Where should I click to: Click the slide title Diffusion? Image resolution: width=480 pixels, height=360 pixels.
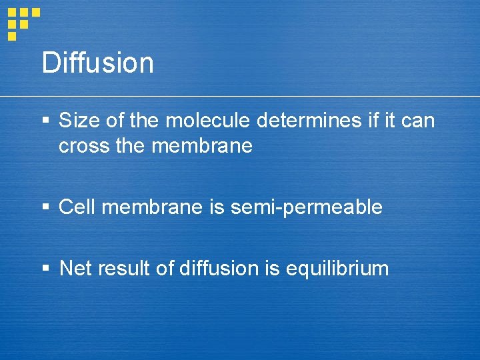pyautogui.click(x=97, y=63)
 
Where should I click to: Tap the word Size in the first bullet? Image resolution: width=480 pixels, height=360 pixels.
pyautogui.click(x=76, y=121)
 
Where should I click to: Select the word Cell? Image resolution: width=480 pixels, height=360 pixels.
pyautogui.click(x=75, y=207)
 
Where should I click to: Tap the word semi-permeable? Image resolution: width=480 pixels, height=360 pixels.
pyautogui.click(x=306, y=207)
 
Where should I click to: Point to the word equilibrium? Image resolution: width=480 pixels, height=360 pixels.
pyautogui.click(x=337, y=269)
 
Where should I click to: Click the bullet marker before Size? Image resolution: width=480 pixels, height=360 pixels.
pyautogui.click(x=45, y=121)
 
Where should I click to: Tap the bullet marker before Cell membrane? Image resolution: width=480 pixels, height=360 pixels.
pyautogui.click(x=45, y=207)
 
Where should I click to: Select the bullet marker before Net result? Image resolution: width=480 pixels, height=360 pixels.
pyautogui.click(x=45, y=269)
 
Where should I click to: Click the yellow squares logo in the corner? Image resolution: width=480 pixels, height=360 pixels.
pyautogui.click(x=23, y=22)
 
